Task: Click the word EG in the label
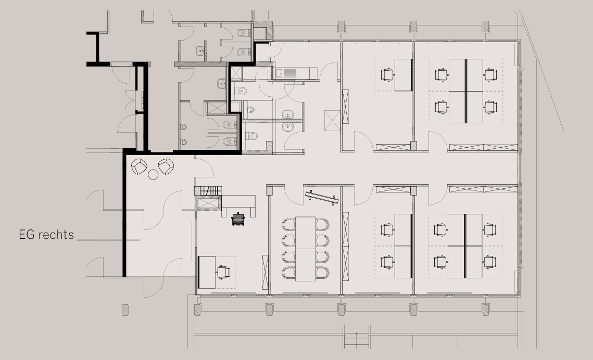coord(27,235)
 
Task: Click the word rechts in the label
coord(56,235)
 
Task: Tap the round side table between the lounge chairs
coord(153,174)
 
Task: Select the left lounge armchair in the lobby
coord(139,166)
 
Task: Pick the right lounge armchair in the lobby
coord(166,166)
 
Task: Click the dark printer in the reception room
coord(238,218)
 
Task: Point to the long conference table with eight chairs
coord(306,249)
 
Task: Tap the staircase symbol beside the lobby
coord(208,191)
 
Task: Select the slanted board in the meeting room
coord(321,198)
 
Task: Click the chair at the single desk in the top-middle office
coord(387,74)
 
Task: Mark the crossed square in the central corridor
coord(333,121)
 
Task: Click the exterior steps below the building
coord(356,341)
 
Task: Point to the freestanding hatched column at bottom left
coord(125,310)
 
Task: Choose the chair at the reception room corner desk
coord(223,272)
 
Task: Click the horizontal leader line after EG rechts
coord(108,240)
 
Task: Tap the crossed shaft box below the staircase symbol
coord(208,203)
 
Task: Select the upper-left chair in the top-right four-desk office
coord(441,74)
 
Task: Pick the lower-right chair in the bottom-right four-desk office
coord(490,262)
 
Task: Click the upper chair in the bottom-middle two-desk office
coord(387,229)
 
